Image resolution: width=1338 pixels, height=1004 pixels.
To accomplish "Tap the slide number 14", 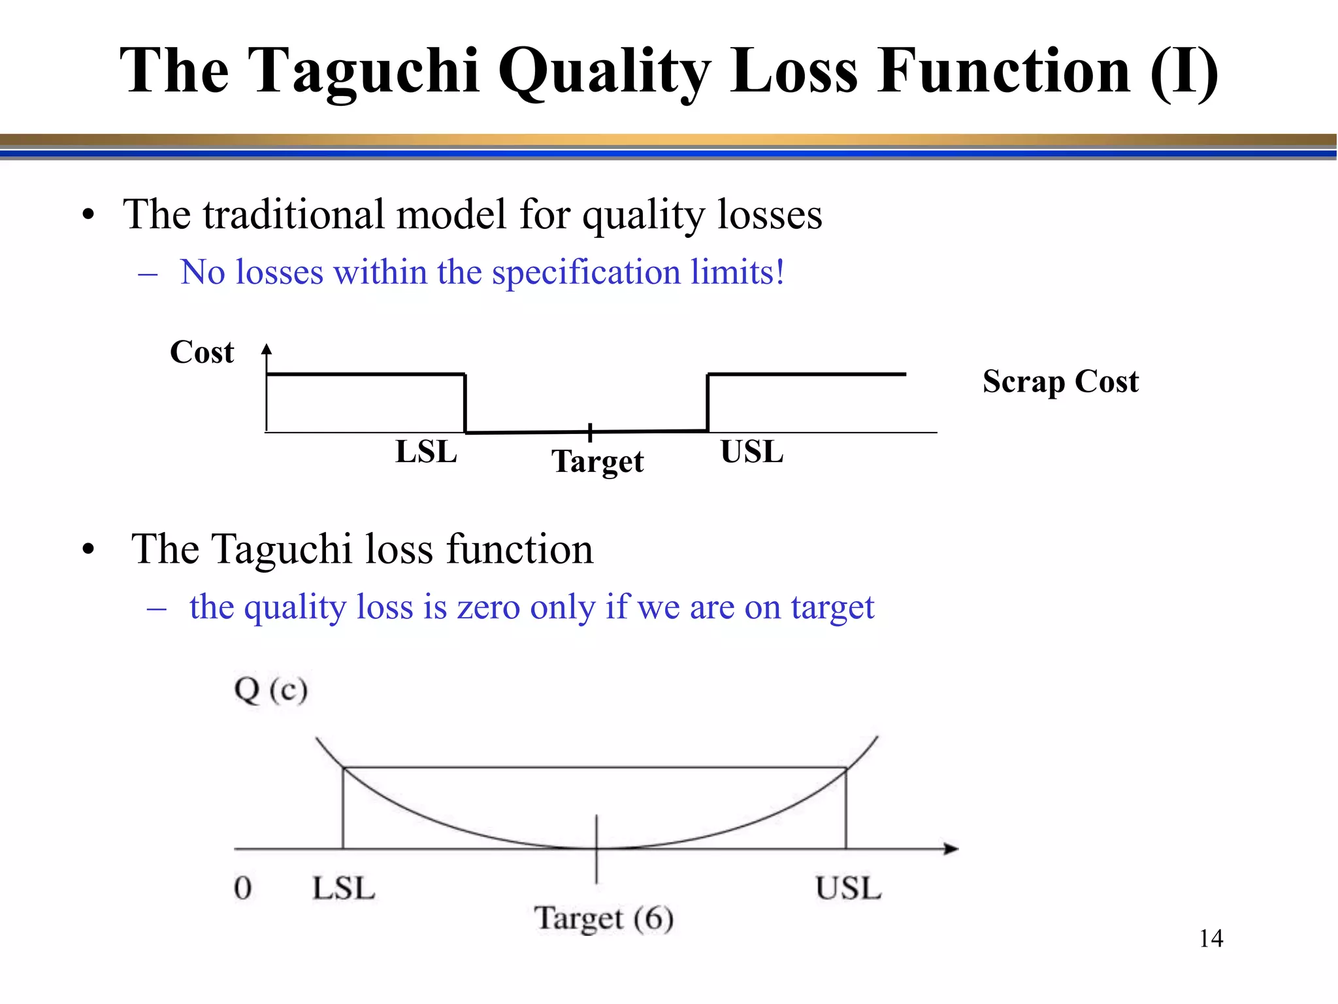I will [x=1211, y=939].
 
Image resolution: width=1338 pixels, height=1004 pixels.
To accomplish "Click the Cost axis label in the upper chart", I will [x=201, y=352].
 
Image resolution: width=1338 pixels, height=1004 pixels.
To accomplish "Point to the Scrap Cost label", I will [x=1060, y=381].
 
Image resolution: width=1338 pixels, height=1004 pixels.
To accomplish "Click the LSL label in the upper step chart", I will [x=426, y=452].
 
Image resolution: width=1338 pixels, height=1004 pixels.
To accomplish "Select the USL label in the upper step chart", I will [x=751, y=452].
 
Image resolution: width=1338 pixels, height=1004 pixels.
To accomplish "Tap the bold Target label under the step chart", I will [x=597, y=461].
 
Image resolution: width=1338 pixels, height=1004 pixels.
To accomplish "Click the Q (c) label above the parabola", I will [x=270, y=690].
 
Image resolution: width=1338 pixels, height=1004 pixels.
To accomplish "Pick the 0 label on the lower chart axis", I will [x=242, y=888].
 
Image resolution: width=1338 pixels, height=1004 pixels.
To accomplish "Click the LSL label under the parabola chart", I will [x=344, y=888].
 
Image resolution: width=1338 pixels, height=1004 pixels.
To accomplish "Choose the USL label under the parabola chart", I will [x=848, y=888].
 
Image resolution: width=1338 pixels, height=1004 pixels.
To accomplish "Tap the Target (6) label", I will [x=604, y=918].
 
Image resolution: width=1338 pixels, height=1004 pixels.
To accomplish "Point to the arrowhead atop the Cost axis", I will [x=266, y=349].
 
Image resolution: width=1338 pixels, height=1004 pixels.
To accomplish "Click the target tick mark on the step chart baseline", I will [x=589, y=432].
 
